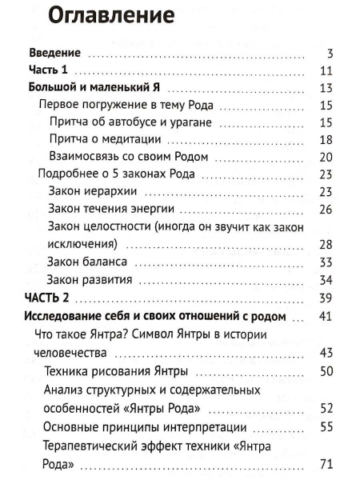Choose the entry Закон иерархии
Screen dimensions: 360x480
[93, 192]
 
